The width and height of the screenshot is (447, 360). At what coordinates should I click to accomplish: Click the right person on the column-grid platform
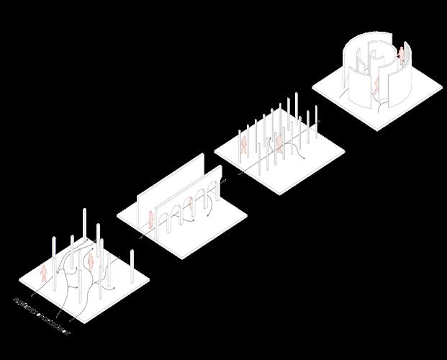[x=279, y=145]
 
